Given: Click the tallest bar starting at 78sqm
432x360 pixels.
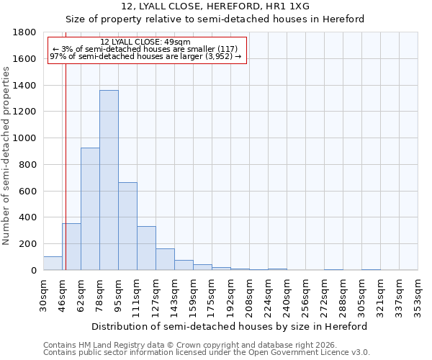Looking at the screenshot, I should tap(109, 180).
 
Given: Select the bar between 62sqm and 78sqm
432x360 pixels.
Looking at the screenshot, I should tap(90, 209).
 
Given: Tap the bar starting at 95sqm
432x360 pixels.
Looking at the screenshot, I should tap(127, 226).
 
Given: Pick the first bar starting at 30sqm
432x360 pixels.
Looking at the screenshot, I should tap(53, 264).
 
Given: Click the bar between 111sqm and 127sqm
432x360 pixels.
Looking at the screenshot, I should tap(146, 248).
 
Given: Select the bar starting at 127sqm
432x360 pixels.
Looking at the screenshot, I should tap(165, 259).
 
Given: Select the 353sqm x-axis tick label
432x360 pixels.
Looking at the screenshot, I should tap(418, 295).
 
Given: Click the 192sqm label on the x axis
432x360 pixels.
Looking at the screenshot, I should tap(230, 295).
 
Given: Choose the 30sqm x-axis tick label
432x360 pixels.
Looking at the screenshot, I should tap(43, 295).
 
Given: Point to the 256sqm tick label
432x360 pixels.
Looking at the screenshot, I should tap(305, 295).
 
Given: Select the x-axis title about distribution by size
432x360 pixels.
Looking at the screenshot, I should tap(230, 326).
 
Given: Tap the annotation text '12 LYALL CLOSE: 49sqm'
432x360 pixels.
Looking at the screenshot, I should tap(145, 42).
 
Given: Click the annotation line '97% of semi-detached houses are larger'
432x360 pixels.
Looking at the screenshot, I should tap(145, 56).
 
